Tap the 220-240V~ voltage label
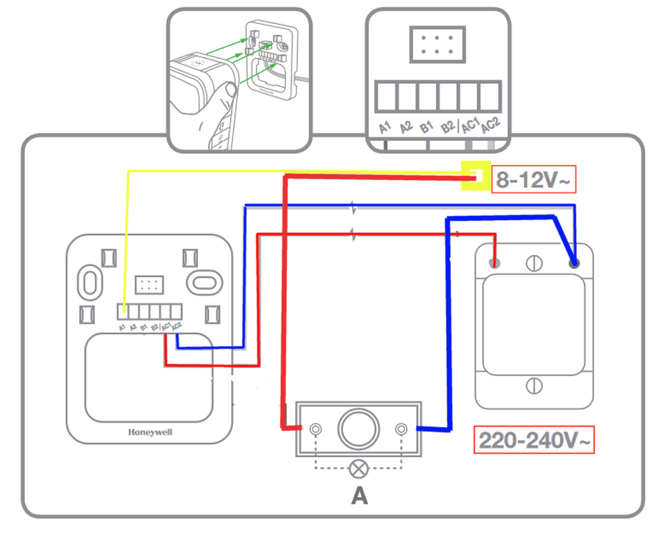[534, 440]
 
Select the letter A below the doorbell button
[359, 495]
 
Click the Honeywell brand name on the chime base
[150, 432]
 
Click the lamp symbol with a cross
[358, 469]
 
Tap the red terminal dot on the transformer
[493, 263]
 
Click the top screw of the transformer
[534, 263]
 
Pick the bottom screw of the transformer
[534, 386]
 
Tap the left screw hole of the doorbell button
[316, 429]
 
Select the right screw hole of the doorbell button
[402, 429]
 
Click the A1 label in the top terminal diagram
[385, 127]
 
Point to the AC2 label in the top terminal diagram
[490, 126]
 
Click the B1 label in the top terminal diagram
[426, 127]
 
